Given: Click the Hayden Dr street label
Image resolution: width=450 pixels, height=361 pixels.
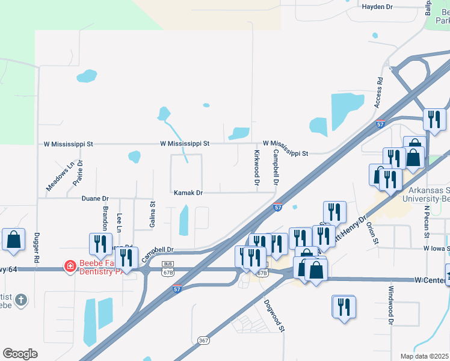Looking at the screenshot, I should [x=377, y=7].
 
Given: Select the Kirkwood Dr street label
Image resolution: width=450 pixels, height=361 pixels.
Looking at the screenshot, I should [x=257, y=167].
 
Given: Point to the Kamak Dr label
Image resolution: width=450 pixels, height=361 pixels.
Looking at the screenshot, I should [x=188, y=193].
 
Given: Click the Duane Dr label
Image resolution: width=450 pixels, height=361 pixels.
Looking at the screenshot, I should [x=95, y=198].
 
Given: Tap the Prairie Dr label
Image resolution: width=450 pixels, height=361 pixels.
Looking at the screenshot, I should [x=79, y=173].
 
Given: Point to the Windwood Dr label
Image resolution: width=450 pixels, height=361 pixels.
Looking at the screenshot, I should [x=391, y=312].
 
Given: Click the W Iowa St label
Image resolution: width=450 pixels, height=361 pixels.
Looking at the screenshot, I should [x=436, y=248].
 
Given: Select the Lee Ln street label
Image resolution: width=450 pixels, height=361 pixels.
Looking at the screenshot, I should [x=120, y=222].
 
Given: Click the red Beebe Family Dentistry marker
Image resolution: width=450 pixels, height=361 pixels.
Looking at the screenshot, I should [x=70, y=265].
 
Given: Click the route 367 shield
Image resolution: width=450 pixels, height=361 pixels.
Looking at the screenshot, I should [x=203, y=341].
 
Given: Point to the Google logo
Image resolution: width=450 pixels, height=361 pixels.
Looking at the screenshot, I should [x=20, y=354].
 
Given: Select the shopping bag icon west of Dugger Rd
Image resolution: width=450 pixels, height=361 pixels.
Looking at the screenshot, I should [x=13, y=239].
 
